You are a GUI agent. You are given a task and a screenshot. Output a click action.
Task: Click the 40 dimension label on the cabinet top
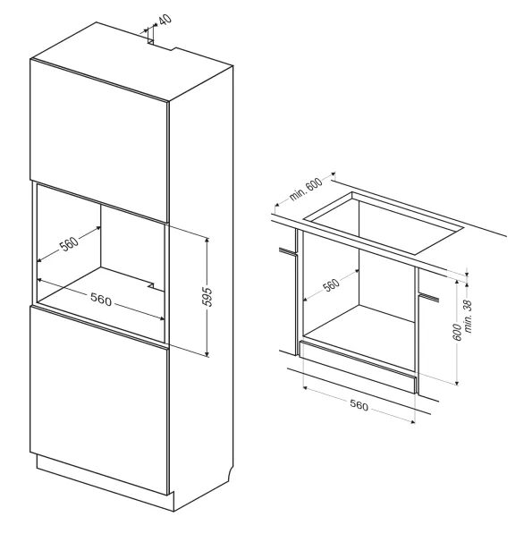[x=166, y=19]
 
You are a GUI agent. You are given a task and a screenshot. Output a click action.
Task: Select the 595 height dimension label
[x=207, y=296]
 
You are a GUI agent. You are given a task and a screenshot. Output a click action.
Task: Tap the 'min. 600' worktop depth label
[x=306, y=189]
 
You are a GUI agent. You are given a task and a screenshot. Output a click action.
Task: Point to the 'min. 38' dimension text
[x=468, y=317]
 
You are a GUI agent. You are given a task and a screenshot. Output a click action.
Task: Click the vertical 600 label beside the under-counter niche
[x=457, y=332]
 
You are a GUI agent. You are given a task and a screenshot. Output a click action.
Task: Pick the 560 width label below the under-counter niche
[x=359, y=405]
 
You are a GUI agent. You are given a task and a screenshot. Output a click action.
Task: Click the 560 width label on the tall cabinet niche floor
[x=101, y=299]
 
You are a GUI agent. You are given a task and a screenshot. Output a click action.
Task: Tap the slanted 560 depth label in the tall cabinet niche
[x=69, y=243]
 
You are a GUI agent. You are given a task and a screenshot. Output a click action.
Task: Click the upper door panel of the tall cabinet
[x=99, y=140]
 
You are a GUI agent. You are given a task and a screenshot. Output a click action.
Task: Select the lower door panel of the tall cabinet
[x=99, y=401]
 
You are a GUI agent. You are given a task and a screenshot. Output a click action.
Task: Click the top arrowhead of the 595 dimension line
[x=207, y=240]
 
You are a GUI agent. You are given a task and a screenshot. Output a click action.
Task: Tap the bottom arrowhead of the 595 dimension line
[x=207, y=353]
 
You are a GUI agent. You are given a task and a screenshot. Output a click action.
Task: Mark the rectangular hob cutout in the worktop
[x=383, y=224]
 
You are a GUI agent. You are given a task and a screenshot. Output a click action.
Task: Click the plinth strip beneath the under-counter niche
[x=357, y=368]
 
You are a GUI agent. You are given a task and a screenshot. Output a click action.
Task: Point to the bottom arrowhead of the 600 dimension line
[x=457, y=382]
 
